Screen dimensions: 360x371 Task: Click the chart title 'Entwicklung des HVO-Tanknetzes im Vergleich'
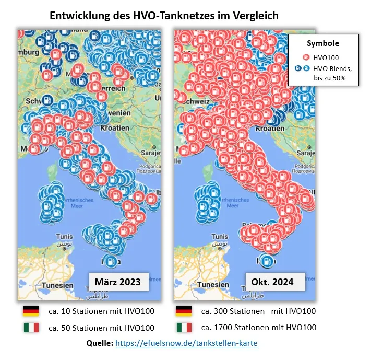[164, 16]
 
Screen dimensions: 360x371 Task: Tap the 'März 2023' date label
[117, 282]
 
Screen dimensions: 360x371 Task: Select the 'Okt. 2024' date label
[272, 282]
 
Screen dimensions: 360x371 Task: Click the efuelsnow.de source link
[186, 343]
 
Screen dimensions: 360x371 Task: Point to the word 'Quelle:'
[99, 343]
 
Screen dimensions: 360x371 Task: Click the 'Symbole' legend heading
[322, 43]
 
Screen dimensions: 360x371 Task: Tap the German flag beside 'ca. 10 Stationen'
[31, 311]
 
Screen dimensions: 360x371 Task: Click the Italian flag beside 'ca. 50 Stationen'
[31, 328]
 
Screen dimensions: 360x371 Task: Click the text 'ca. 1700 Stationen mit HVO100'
[258, 328]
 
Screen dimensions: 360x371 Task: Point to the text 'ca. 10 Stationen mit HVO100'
[101, 311]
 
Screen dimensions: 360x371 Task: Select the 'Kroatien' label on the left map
[116, 127]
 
